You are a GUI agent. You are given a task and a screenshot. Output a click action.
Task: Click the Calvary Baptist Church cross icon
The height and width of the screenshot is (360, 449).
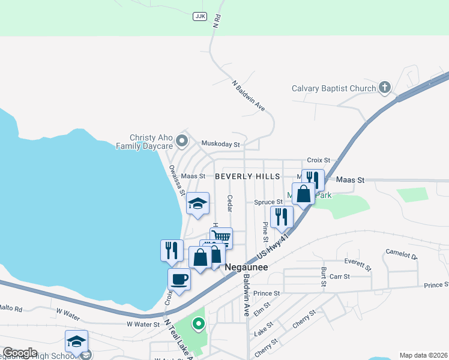(x=385, y=88)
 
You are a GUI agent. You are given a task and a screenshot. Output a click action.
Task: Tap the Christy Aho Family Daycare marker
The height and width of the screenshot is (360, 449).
(x=182, y=142)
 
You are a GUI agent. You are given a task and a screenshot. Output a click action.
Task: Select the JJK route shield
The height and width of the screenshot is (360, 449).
(x=199, y=16)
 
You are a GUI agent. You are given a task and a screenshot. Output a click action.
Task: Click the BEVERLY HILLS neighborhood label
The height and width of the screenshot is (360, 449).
(x=247, y=176)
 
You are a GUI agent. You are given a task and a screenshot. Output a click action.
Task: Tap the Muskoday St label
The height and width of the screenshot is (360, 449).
(x=220, y=144)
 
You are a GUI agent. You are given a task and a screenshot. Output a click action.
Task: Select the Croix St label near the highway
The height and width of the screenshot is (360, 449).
(x=319, y=160)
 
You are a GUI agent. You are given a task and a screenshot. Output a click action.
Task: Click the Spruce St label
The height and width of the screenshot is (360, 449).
(x=268, y=202)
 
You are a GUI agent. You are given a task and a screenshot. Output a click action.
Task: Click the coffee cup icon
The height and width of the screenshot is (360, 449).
(x=179, y=278)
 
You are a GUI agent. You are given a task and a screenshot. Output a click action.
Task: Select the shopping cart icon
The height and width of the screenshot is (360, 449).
(x=221, y=236)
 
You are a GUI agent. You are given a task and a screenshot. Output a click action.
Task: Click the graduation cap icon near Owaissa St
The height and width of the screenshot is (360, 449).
(x=197, y=203)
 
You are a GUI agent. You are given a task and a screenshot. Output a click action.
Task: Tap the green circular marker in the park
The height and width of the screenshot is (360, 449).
(x=198, y=325)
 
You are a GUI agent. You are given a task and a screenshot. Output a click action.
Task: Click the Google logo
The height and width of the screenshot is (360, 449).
(x=20, y=353)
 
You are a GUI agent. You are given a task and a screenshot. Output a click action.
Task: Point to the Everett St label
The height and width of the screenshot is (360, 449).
(x=358, y=262)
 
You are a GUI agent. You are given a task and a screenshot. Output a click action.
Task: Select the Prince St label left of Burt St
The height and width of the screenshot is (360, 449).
(x=267, y=293)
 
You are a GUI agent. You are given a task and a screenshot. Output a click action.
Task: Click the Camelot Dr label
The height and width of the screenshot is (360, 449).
(x=401, y=254)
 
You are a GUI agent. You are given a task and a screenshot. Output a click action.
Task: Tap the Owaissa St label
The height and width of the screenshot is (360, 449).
(x=176, y=180)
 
